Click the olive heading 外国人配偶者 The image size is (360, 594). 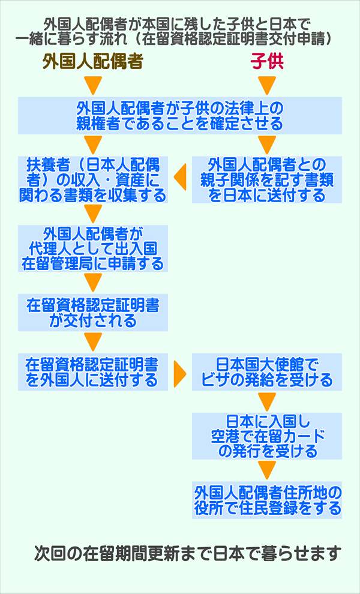92,62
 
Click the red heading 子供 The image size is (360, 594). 267,62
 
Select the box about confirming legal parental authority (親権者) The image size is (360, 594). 179,116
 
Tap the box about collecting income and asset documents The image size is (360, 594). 92,179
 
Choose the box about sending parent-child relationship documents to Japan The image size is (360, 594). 267,179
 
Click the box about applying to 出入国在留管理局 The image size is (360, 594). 92,247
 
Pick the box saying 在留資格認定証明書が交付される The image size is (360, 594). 92,312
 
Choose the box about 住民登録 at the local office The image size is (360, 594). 267,500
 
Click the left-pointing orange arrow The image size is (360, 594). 179,178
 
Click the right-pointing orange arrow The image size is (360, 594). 179,372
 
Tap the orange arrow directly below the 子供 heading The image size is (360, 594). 267,85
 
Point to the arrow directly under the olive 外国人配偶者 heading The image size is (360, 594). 92,85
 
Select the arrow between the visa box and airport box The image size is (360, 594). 267,401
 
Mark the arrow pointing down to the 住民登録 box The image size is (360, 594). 267,469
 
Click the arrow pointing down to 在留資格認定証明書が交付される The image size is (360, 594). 92,281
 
